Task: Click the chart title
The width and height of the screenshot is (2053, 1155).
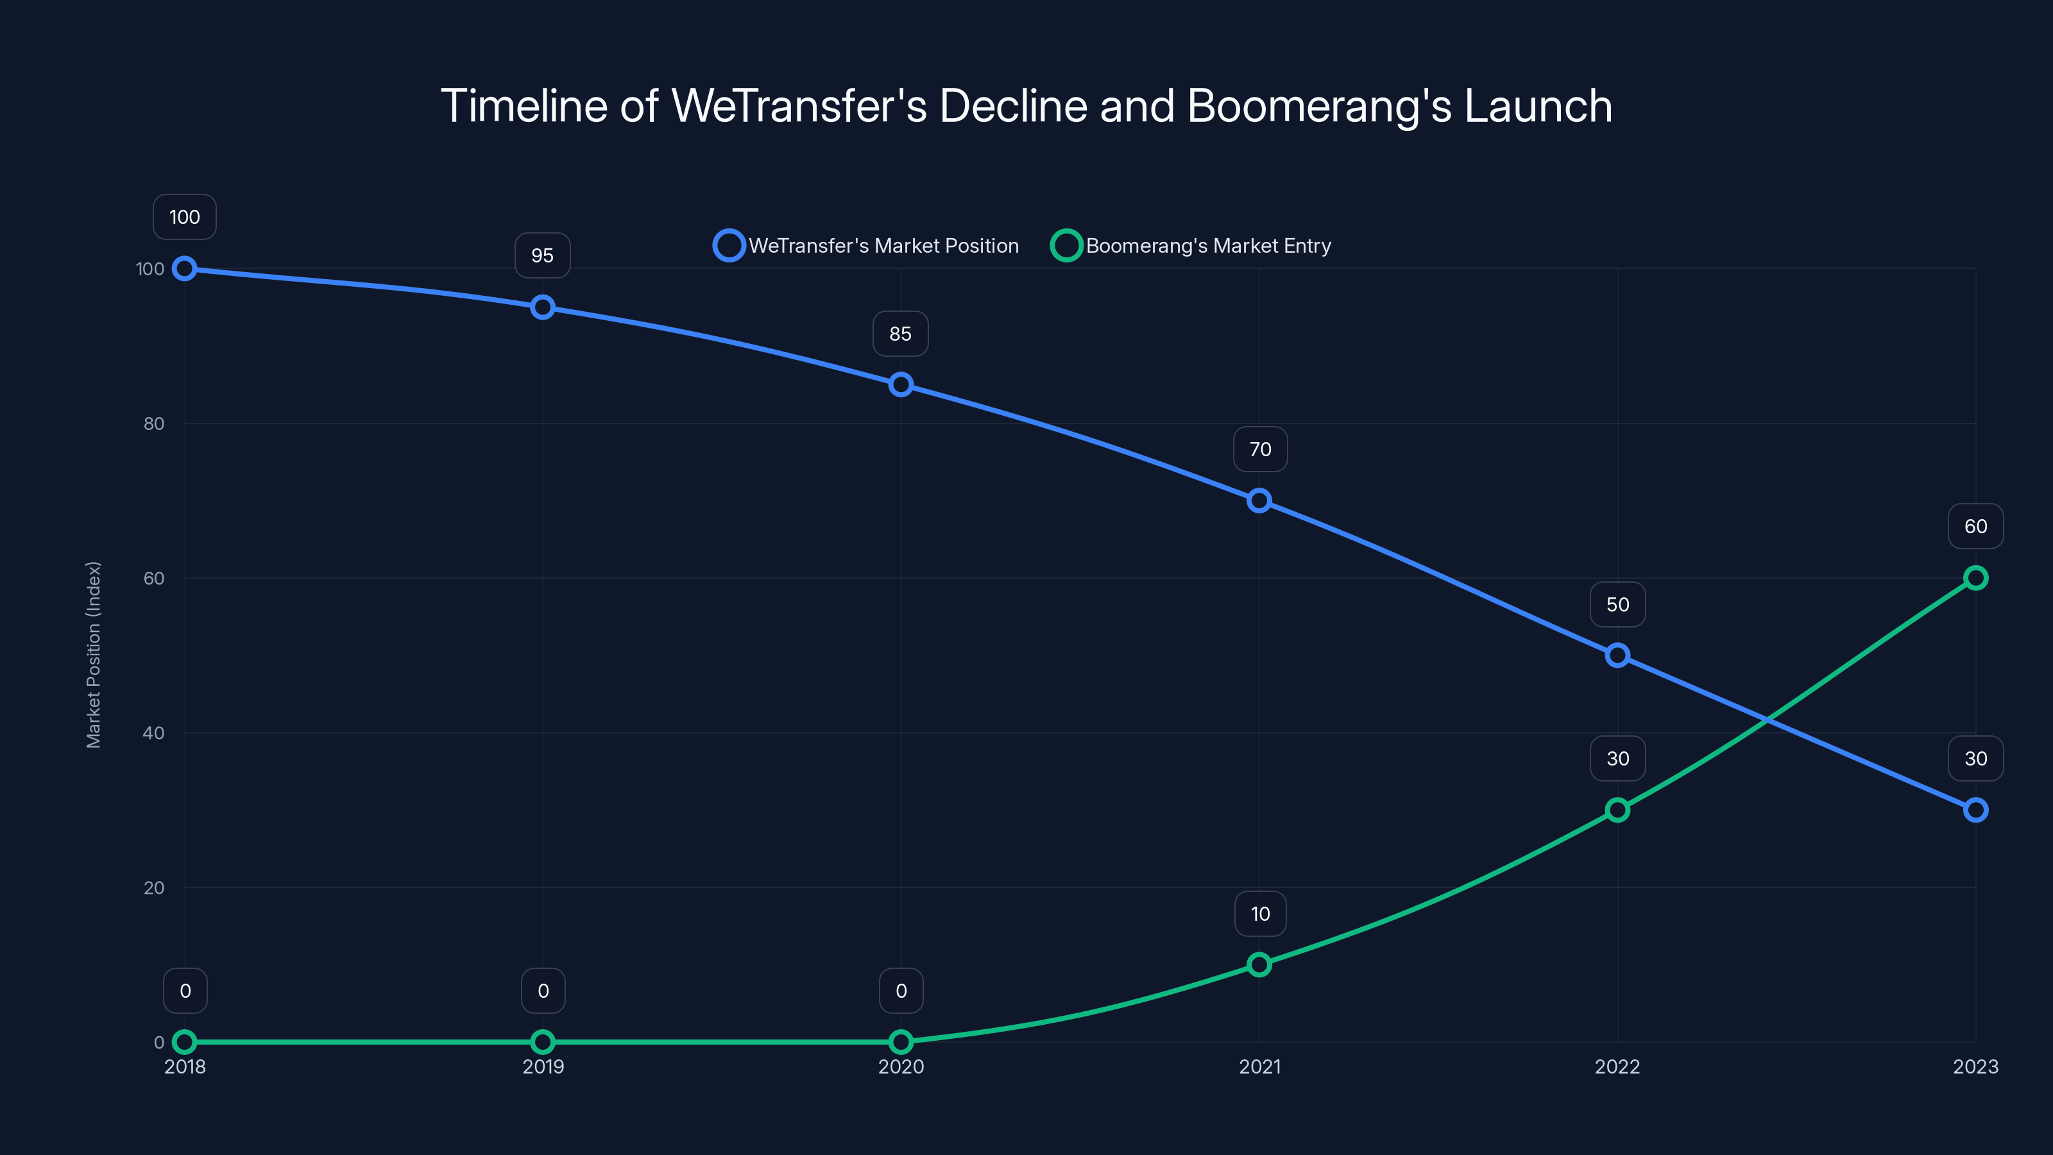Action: click(1026, 106)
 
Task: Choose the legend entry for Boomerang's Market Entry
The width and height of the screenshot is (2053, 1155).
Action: click(1191, 246)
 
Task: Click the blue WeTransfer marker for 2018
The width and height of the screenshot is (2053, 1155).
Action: click(185, 269)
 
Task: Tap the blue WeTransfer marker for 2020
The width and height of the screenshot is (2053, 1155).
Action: click(901, 385)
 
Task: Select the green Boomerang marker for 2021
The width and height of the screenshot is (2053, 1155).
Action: click(1259, 964)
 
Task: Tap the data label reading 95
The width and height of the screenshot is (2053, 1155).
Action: click(543, 256)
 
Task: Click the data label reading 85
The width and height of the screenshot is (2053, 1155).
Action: click(901, 334)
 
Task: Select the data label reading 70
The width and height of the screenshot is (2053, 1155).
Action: click(1260, 450)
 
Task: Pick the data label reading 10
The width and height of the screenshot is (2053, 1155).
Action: click(1260, 914)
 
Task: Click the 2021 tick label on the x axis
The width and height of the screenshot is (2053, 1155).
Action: click(1260, 1066)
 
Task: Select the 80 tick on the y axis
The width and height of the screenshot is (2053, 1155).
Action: click(154, 424)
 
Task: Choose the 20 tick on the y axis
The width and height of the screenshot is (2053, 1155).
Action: click(154, 887)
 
